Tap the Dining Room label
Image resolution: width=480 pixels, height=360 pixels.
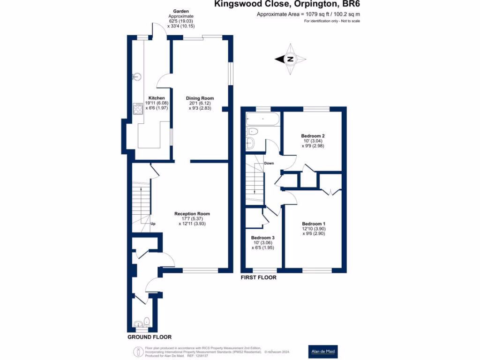(x=200, y=98)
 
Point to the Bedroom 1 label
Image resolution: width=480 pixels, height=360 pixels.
(x=313, y=224)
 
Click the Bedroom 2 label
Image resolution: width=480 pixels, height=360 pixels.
(x=313, y=136)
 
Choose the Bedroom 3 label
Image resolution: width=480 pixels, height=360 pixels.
(x=262, y=238)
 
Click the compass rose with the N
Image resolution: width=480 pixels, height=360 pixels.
(x=290, y=59)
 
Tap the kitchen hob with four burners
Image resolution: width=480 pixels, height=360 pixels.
(x=138, y=109)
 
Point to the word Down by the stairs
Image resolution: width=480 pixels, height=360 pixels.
(x=269, y=163)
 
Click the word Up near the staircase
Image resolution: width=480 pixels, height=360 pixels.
(x=153, y=224)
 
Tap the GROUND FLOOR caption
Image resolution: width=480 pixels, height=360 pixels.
(x=150, y=337)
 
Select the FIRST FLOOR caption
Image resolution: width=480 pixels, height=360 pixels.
(x=258, y=277)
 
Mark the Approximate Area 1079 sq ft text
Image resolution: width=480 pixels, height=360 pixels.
(x=308, y=15)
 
